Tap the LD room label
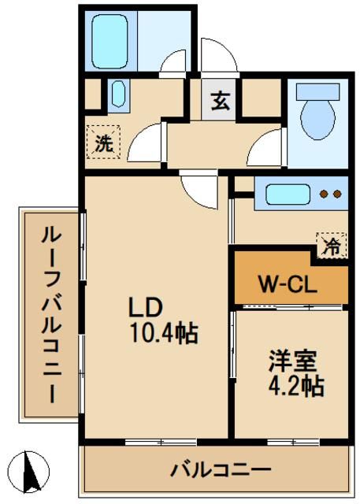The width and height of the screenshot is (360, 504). click(147, 306)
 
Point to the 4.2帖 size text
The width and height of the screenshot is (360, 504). click(294, 387)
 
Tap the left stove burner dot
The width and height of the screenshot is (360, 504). click(323, 194)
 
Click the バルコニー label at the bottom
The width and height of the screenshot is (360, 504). click(220, 470)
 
